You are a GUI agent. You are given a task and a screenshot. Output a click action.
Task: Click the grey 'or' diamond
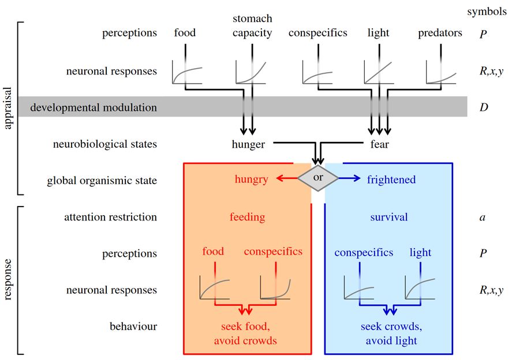(318, 178)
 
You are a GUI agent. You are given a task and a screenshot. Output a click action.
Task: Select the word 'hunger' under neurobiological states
(248, 144)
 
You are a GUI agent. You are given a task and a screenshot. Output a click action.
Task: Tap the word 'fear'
(379, 144)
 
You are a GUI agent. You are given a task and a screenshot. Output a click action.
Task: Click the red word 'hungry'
(252, 179)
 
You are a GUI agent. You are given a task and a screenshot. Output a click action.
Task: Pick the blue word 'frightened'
(391, 179)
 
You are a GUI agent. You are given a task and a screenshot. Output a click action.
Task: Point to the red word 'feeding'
(247, 217)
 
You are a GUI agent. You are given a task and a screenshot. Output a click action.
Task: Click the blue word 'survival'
(389, 217)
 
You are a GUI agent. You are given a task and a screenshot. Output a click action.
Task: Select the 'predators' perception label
(440, 33)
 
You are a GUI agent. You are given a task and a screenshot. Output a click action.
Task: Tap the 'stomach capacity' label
(252, 26)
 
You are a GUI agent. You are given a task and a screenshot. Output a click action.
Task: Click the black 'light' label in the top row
(379, 33)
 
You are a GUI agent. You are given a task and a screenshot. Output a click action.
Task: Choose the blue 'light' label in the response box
(421, 253)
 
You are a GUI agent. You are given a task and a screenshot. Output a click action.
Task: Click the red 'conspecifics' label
(273, 252)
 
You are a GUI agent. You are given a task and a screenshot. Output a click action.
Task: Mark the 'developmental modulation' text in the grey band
(94, 107)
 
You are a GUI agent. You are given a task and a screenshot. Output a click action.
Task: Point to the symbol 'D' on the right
(484, 107)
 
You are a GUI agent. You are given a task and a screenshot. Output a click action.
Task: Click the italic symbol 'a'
(483, 217)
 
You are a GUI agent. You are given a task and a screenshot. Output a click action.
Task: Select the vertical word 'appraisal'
(8, 108)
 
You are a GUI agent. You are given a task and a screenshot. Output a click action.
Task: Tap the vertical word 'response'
(8, 280)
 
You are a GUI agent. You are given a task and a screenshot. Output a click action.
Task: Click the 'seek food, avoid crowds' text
(245, 333)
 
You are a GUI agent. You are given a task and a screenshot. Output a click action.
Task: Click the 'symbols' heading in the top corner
(487, 12)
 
